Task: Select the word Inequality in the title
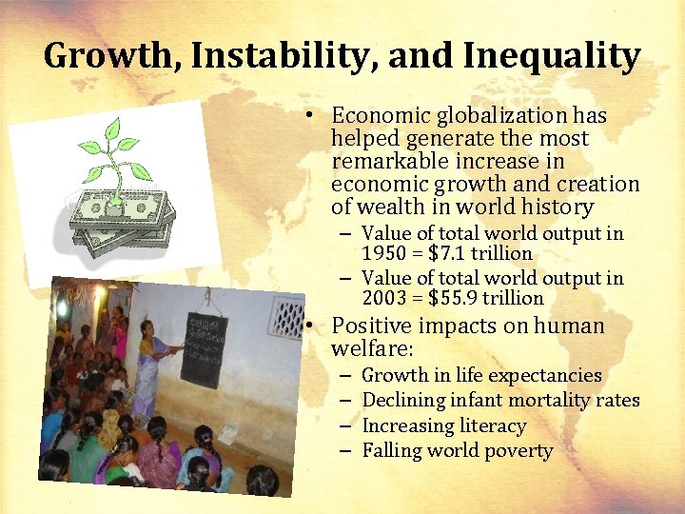[552, 56]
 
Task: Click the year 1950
[386, 254]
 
